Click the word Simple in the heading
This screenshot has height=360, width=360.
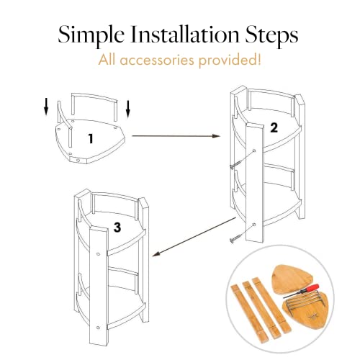tap(91, 35)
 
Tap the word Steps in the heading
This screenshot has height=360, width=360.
tap(271, 35)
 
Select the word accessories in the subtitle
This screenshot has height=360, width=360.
tap(157, 60)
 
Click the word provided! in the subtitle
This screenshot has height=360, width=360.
tap(230, 60)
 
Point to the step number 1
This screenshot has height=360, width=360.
tap(91, 139)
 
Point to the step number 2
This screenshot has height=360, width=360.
tap(274, 127)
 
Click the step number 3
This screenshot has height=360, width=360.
tap(117, 228)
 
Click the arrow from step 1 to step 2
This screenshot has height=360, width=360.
tap(176, 136)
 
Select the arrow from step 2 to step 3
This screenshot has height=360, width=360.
tap(194, 237)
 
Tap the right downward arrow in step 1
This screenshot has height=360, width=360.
tap(128, 109)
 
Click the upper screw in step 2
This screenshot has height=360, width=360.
tap(235, 164)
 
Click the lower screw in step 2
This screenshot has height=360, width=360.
tap(235, 239)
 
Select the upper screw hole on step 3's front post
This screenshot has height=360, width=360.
tap(98, 254)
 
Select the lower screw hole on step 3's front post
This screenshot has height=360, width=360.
tap(98, 328)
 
